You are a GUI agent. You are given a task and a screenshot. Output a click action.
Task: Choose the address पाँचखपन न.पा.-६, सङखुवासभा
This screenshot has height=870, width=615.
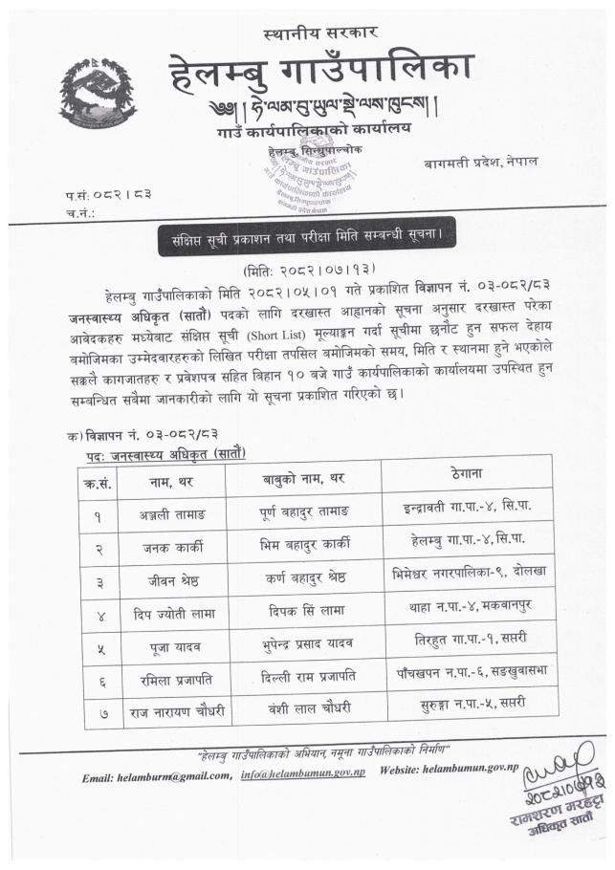click(466, 675)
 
